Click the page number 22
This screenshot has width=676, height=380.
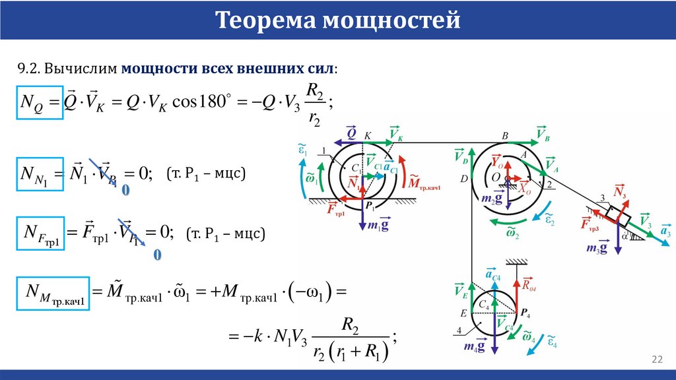click(657, 359)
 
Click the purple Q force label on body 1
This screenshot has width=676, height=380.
click(352, 132)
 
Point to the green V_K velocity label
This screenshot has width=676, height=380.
click(396, 132)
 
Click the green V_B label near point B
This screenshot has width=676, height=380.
click(543, 133)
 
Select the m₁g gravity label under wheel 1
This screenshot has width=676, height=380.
click(374, 225)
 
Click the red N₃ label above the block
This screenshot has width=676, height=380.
click(619, 192)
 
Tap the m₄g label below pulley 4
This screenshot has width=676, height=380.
click(475, 346)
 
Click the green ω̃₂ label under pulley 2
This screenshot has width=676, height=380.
click(512, 232)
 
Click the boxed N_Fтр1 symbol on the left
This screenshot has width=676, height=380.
click(42, 234)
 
